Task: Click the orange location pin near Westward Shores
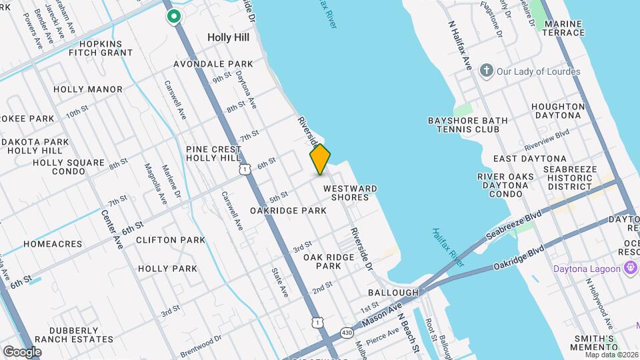(320, 159)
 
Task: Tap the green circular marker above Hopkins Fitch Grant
(174, 17)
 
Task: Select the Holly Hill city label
(228, 37)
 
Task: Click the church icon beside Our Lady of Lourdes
(487, 71)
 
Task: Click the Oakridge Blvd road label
(519, 257)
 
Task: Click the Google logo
(22, 351)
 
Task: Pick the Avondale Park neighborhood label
(213, 64)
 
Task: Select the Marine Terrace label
(564, 28)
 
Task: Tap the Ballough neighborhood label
(393, 293)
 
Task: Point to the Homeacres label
(53, 244)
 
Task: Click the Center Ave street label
(112, 229)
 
